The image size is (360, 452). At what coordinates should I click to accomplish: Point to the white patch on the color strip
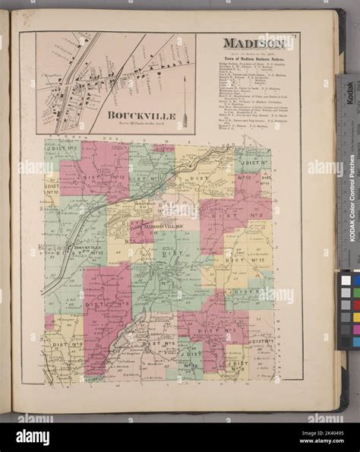[x=346, y=280]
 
